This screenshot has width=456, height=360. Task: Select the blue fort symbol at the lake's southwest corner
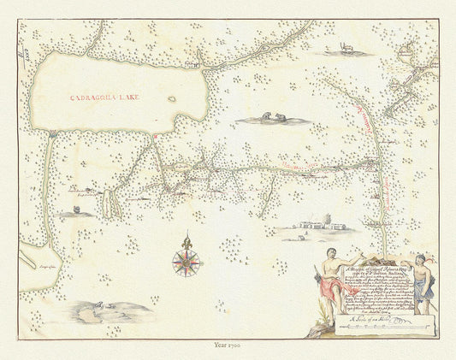53,133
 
